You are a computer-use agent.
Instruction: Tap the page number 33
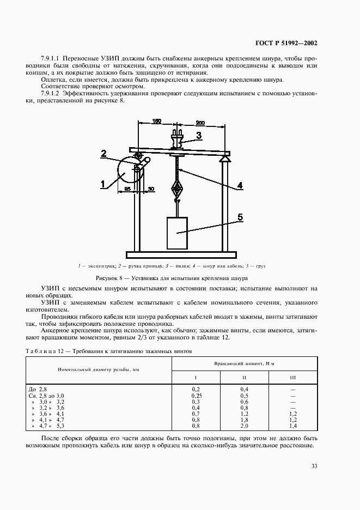314,465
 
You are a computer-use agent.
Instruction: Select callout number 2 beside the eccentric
103,154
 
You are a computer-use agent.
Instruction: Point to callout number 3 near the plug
199,135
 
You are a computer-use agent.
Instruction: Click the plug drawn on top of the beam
176,139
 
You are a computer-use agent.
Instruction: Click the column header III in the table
293,378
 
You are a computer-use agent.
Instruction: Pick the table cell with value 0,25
196,395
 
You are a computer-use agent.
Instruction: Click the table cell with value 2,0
245,426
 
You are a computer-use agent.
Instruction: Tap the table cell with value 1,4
293,426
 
